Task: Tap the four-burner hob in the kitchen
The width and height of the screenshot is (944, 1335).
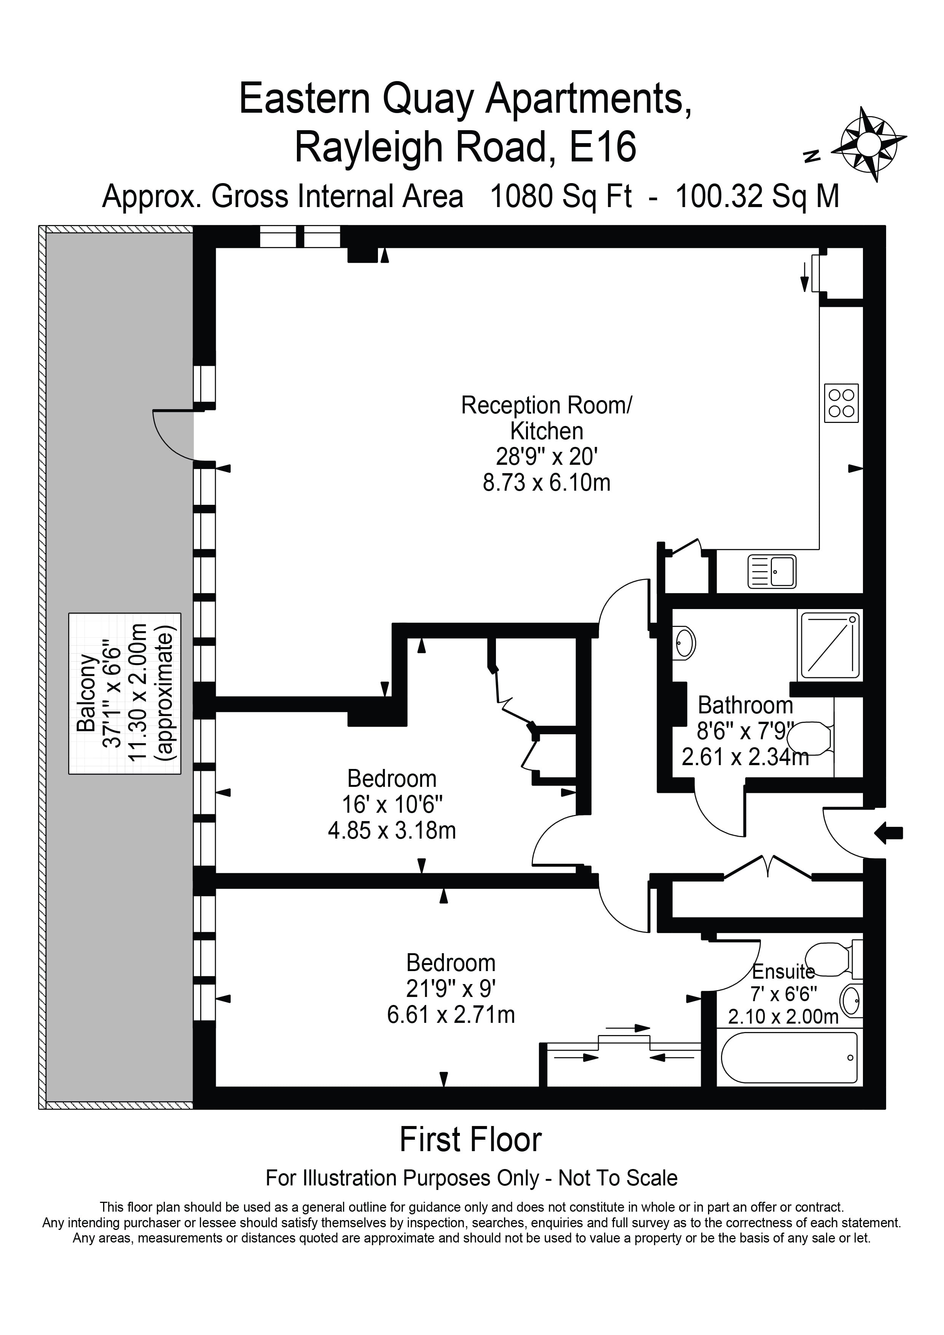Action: click(x=841, y=403)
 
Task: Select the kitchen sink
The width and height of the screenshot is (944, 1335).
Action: click(x=771, y=571)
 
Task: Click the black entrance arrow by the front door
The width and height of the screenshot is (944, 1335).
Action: click(x=889, y=833)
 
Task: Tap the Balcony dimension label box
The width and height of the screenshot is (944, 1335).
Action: click(x=124, y=694)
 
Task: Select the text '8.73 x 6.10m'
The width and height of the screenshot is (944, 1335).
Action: click(x=546, y=483)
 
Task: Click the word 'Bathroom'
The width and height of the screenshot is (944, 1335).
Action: click(x=745, y=705)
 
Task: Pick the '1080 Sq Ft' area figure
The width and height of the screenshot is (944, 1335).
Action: click(x=561, y=196)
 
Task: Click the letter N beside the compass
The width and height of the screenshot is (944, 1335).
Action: click(x=812, y=155)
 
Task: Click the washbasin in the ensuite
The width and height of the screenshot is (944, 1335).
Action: click(x=852, y=1001)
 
